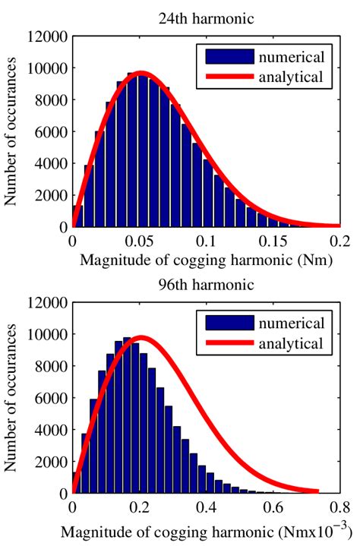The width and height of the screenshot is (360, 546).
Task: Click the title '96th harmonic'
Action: [206, 286]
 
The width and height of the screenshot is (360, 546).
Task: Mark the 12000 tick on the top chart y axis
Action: [47, 35]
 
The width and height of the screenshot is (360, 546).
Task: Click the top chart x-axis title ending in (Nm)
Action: [206, 262]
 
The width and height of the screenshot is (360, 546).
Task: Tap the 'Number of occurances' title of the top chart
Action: [12, 131]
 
